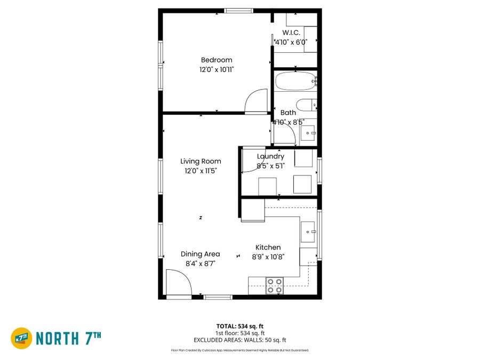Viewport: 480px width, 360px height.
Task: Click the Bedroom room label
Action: (x=217, y=60)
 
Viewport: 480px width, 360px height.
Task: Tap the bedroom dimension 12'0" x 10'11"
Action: (x=217, y=70)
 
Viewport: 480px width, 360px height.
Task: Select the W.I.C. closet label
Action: (x=291, y=33)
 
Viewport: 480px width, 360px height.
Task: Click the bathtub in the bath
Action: (x=295, y=81)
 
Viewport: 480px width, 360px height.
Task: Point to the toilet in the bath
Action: (x=307, y=105)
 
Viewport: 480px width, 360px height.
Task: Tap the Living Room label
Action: (x=201, y=161)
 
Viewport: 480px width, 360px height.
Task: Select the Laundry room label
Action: (x=270, y=156)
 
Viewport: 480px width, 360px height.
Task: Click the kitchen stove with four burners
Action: (x=275, y=286)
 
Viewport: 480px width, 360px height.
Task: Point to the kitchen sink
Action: (x=308, y=232)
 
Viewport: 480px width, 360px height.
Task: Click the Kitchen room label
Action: (x=268, y=247)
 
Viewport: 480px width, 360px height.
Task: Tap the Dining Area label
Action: (x=200, y=254)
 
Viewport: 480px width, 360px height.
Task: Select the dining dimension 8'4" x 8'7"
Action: (x=200, y=263)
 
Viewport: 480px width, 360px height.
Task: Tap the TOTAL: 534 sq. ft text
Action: (x=239, y=326)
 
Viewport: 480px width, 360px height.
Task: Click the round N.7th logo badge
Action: (x=21, y=338)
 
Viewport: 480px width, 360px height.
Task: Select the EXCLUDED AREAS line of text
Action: (x=239, y=340)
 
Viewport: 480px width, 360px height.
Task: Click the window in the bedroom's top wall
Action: (x=238, y=11)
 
